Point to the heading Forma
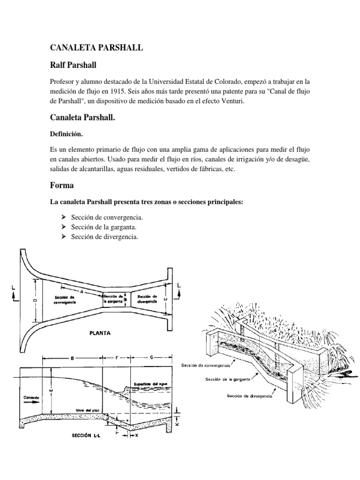62,185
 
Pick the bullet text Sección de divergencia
105,237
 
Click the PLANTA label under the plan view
99,334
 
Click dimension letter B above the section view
72,358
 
